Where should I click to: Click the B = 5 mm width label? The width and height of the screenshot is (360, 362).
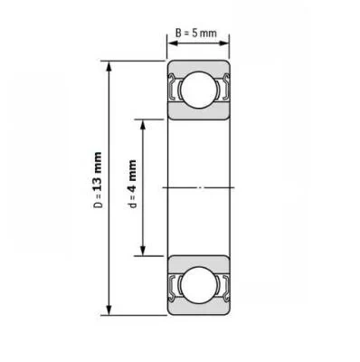point(196,33)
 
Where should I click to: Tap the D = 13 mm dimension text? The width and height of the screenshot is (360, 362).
point(98,180)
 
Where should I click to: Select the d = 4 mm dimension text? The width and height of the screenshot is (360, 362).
point(132,184)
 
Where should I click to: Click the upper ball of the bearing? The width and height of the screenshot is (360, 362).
point(200,90)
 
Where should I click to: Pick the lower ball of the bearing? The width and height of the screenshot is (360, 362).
point(200,284)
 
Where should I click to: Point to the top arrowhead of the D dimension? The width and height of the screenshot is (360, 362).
point(109,67)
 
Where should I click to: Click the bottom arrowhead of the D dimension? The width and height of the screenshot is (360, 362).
point(109,310)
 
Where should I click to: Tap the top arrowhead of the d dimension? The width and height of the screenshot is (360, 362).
point(143,125)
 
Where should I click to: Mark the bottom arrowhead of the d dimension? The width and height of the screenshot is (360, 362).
point(143,250)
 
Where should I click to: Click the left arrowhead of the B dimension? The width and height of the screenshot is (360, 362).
point(173,43)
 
